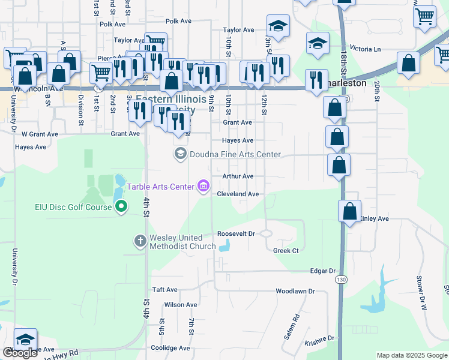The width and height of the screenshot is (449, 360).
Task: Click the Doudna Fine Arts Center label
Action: (x=235, y=154)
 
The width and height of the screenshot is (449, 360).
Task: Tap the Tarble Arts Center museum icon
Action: (x=203, y=187)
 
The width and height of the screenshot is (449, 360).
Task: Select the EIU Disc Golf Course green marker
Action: (x=121, y=208)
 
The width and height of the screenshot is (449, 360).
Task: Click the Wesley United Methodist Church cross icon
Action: (x=140, y=241)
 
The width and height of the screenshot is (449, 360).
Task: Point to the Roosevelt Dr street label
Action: (x=237, y=233)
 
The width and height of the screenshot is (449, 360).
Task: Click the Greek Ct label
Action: (x=286, y=250)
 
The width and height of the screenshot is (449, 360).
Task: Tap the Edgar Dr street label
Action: (x=322, y=271)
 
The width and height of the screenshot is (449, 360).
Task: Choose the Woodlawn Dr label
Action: (x=295, y=291)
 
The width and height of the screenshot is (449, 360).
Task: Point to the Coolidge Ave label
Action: (x=170, y=348)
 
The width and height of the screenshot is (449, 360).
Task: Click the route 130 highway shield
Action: (x=341, y=280)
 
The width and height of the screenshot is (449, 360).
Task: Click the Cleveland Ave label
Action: (x=238, y=194)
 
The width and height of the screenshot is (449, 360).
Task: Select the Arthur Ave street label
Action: (x=238, y=176)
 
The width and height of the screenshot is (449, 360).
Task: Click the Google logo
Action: (x=20, y=353)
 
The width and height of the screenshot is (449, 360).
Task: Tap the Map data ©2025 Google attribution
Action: (x=412, y=355)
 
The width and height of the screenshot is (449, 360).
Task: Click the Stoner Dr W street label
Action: (x=422, y=292)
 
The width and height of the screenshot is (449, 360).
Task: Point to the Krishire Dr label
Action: (x=319, y=338)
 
